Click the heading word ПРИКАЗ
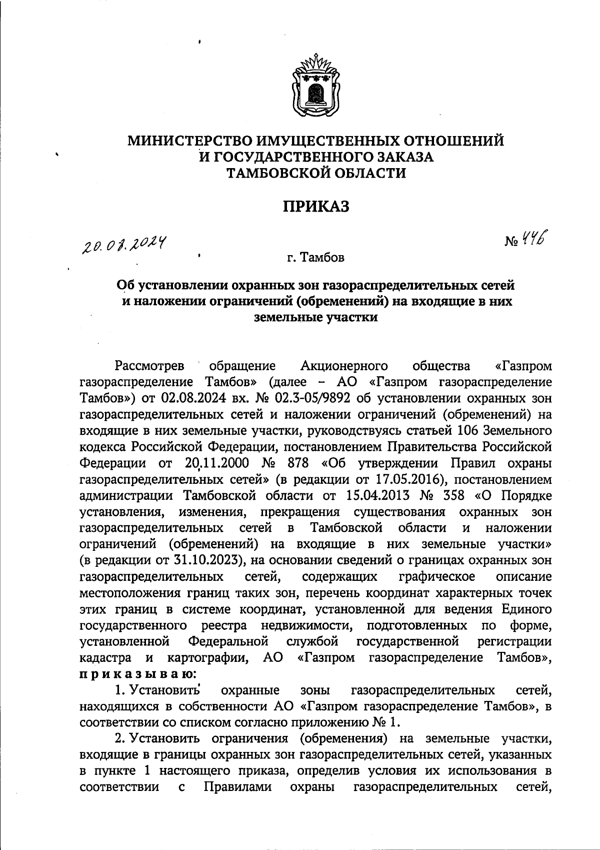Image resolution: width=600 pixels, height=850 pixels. [316, 206]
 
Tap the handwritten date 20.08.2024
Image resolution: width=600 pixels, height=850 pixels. [125, 245]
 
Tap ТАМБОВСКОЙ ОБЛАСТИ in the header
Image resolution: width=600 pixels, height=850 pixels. [316, 173]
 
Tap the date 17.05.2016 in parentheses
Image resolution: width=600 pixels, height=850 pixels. [407, 479]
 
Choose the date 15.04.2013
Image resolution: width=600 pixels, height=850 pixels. [375, 496]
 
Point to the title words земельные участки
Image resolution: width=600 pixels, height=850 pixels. [316, 317]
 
